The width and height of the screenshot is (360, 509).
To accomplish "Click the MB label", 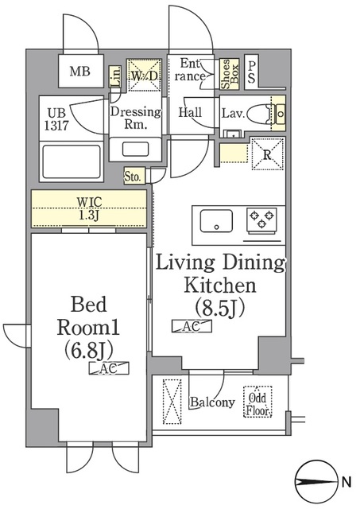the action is pyautogui.click(x=80, y=71).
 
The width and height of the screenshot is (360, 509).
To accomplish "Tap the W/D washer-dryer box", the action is pyautogui.click(x=144, y=75).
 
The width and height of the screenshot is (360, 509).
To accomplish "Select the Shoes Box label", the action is pyautogui.click(x=230, y=74).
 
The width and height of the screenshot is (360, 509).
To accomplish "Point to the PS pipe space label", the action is pyautogui.click(x=252, y=72).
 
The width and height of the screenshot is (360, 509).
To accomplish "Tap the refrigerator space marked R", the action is pyautogui.click(x=268, y=153).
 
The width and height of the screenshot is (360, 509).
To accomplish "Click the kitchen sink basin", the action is pyautogui.click(x=216, y=221).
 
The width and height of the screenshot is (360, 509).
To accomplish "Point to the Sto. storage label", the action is pyautogui.click(x=133, y=177).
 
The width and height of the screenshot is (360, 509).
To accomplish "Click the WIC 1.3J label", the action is pyautogui.click(x=89, y=208).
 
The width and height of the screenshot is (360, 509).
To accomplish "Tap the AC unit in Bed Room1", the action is pyautogui.click(x=109, y=368).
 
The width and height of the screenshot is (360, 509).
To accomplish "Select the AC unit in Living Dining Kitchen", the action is pyautogui.click(x=192, y=326).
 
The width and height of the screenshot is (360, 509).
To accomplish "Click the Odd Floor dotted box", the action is pyautogui.click(x=257, y=402).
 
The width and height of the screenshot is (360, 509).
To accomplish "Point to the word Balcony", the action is pyautogui.click(x=212, y=402).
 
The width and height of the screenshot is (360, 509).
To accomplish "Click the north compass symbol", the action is pyautogui.click(x=315, y=481).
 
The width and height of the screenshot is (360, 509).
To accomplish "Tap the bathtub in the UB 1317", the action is pyautogui.click(x=72, y=161).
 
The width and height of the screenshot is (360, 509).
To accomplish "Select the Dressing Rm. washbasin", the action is pyautogui.click(x=136, y=150).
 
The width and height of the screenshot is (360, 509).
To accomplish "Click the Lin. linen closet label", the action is pyautogui.click(x=115, y=76).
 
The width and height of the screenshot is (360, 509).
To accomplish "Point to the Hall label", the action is pyautogui.click(x=191, y=112).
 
